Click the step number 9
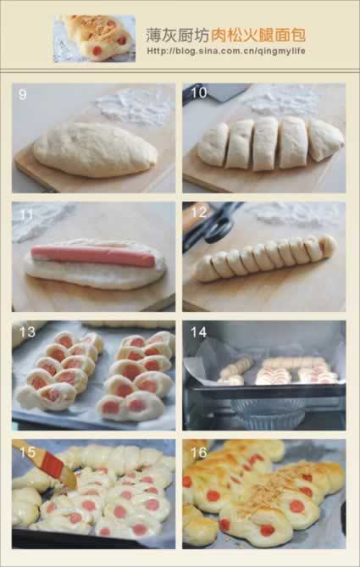pyautogui.click(x=22, y=95)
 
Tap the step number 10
pyautogui.click(x=199, y=93)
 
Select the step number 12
pyautogui.click(x=198, y=212)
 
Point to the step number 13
pyautogui.click(x=27, y=332)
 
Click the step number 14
pyautogui.click(x=198, y=332)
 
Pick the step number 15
pyautogui.click(x=27, y=452)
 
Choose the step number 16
pyautogui.click(x=198, y=452)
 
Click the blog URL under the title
pyautogui.click(x=226, y=51)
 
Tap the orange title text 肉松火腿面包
pyautogui.click(x=258, y=35)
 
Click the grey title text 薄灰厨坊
pyautogui.click(x=178, y=35)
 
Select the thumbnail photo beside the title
pyautogui.click(x=95, y=38)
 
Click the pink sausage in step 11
pyautogui.click(x=93, y=255)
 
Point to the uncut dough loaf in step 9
pyautogui.click(x=96, y=150)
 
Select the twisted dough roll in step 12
pyautogui.click(x=266, y=258)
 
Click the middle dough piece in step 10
pyautogui.click(x=265, y=143)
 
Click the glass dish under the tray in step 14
pyautogui.click(x=269, y=412)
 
